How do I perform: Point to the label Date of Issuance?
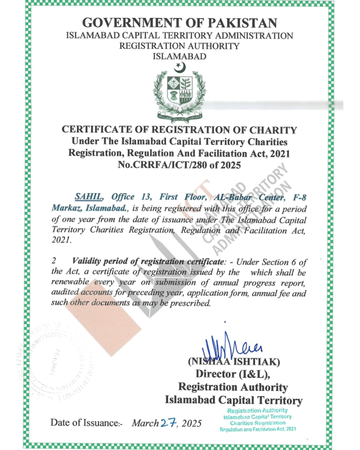coord(86,423)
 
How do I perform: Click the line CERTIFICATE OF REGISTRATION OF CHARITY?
coord(179,130)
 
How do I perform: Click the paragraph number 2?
coord(54,261)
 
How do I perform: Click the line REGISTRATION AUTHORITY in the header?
coord(179,46)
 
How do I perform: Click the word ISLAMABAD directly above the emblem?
coord(179,56)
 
